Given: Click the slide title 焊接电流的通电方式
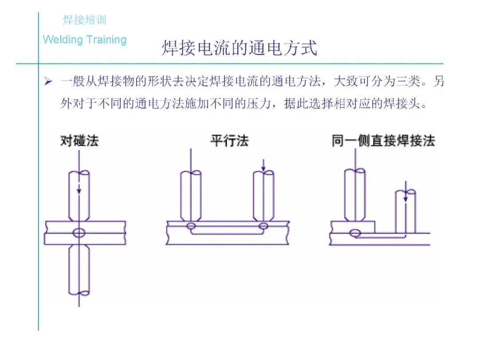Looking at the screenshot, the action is (239, 48).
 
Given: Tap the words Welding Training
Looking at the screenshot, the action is (85, 40).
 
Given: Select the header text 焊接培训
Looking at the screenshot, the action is (84, 20).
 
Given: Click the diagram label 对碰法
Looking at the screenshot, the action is (79, 141).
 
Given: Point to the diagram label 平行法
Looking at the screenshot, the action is (229, 141).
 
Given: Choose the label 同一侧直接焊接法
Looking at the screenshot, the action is (383, 141).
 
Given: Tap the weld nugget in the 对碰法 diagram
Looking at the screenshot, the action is (79, 232).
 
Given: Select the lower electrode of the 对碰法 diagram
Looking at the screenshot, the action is (79, 270).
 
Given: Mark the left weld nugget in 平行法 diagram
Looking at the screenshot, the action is (191, 227).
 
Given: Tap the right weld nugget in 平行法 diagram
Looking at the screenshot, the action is (263, 227).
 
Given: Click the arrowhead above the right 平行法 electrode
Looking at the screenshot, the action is (263, 168).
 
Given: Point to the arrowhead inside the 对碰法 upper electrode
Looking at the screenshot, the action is (79, 191).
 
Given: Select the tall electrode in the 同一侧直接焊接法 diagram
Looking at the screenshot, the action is (355, 195).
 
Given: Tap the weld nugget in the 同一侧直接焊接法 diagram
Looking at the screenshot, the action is (355, 233).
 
